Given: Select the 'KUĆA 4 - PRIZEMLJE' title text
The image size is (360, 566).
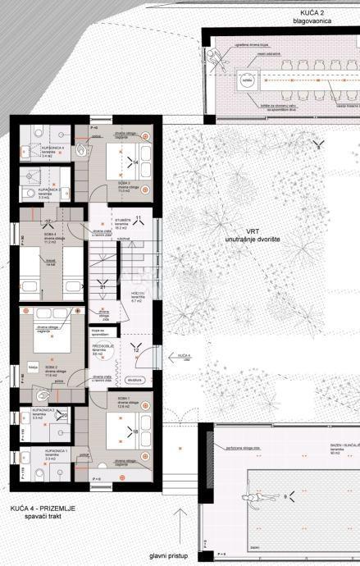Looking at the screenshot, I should tap(43, 509).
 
